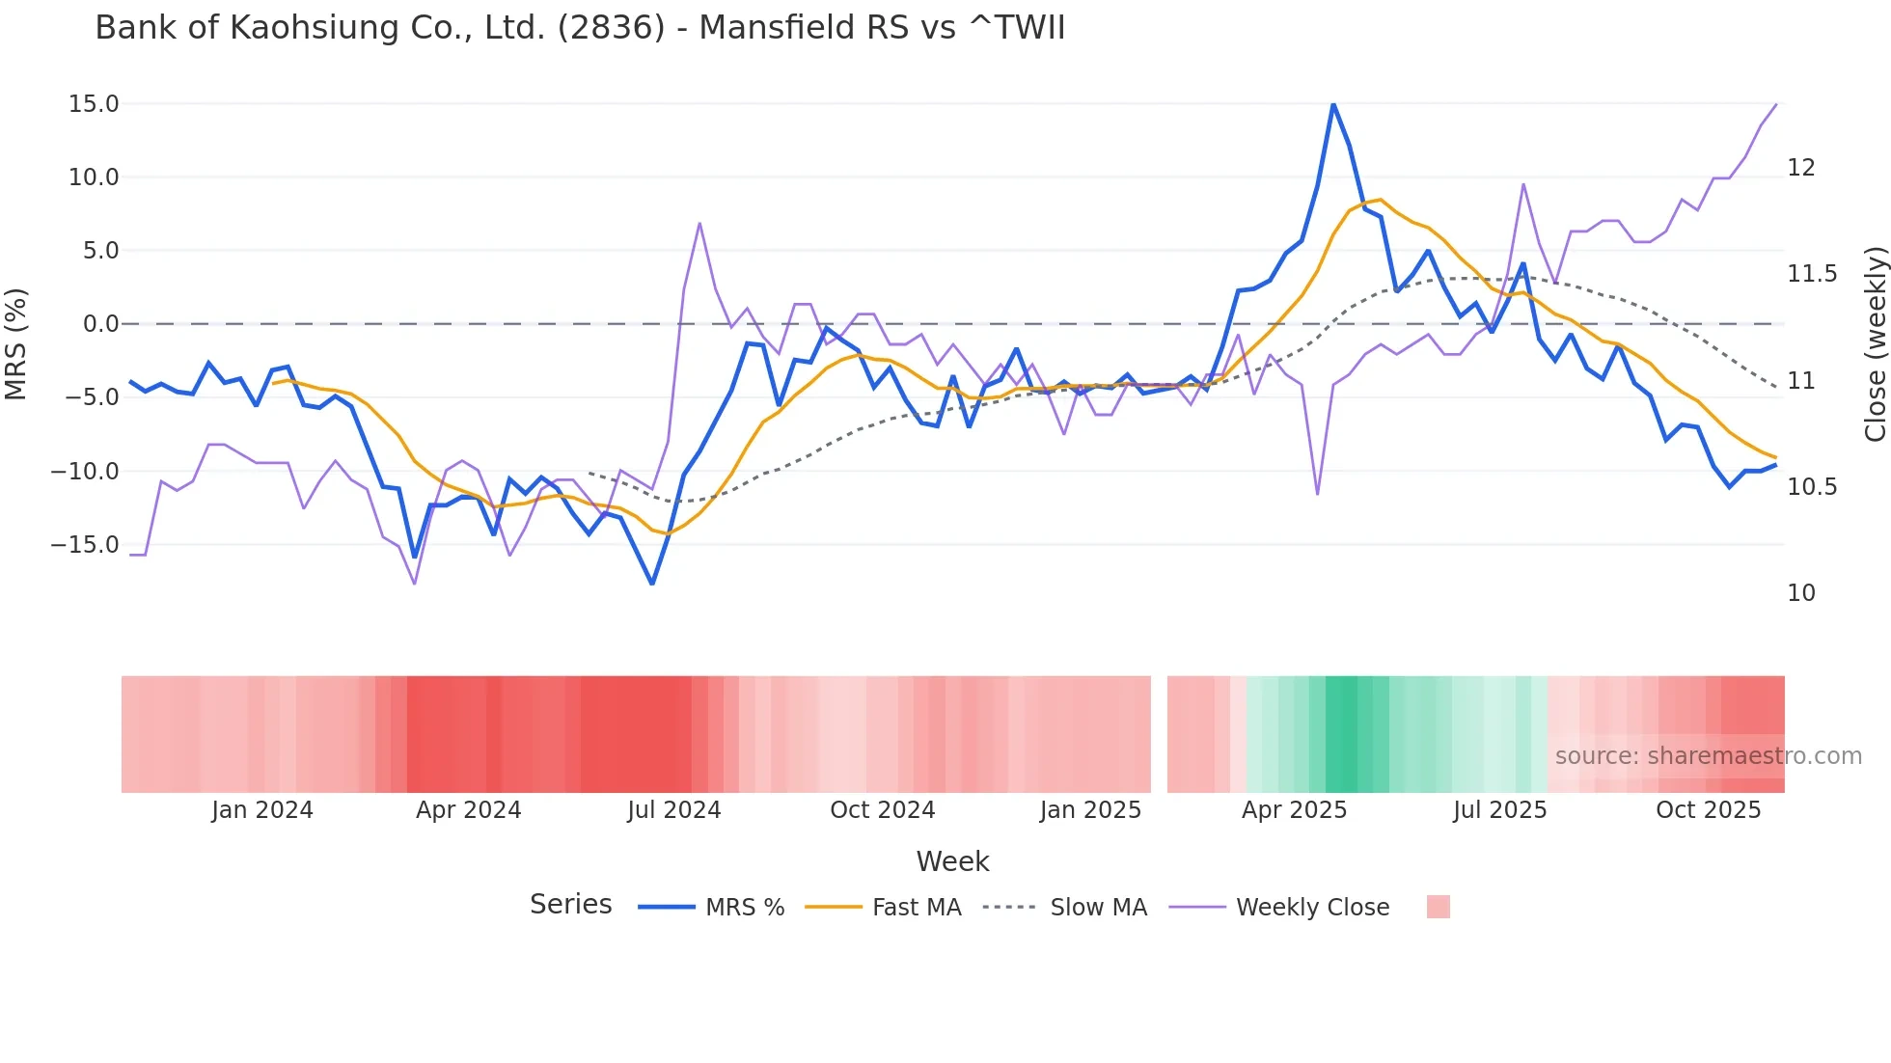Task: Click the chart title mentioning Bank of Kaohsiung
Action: pos(580,28)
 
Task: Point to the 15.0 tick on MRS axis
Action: pos(94,104)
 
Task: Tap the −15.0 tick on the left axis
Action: pos(85,545)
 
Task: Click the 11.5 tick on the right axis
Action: pos(1813,274)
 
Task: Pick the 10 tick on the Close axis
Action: pos(1800,593)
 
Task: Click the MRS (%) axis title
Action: pos(16,343)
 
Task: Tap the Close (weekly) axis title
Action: pos(1875,343)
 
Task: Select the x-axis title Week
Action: pos(952,861)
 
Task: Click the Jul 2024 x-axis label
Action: pos(673,810)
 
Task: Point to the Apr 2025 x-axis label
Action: pos(1294,810)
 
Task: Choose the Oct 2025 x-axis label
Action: pos(1708,810)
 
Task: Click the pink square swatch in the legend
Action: pos(1438,907)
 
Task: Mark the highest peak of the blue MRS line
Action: pos(1333,104)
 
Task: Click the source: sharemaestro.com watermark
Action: pos(1708,756)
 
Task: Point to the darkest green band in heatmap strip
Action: pos(1341,734)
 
